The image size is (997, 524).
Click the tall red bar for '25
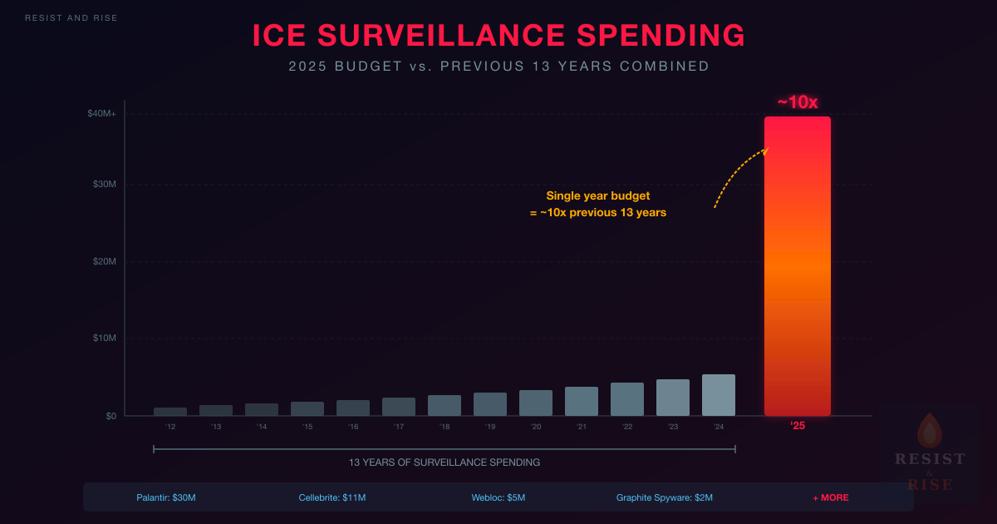797,266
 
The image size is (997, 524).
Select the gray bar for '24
718,396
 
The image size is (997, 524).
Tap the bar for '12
170,412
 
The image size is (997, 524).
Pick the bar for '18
444,406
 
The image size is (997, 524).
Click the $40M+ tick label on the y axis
102,113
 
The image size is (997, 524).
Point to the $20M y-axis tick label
104,262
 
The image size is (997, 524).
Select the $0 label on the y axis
110,416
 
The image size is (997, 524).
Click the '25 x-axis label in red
798,427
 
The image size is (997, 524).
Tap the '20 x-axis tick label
536,427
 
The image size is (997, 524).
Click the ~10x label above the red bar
798,102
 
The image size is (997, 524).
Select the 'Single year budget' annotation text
598,196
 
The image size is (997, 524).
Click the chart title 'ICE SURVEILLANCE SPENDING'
498,36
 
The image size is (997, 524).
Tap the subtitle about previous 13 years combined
498,67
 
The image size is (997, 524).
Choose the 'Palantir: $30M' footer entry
166,497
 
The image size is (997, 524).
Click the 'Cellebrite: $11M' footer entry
332,497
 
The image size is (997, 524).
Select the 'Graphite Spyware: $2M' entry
665,497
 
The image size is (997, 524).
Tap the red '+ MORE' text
831,497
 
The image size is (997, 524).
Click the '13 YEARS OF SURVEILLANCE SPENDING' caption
444,462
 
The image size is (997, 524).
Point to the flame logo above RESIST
929,431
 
